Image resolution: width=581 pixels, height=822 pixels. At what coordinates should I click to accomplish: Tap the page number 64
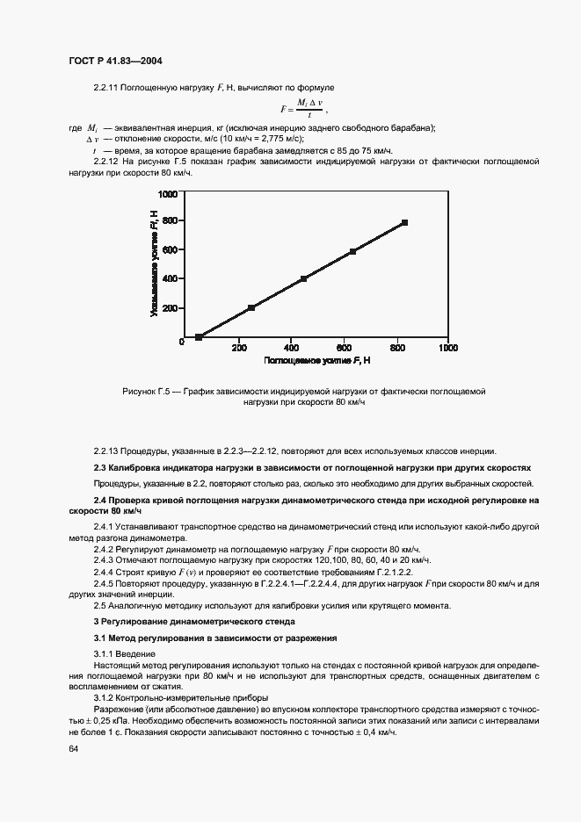point(73,748)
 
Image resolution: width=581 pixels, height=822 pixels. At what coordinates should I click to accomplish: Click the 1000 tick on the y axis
point(167,193)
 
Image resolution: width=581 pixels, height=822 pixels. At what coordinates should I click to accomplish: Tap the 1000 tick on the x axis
point(447,349)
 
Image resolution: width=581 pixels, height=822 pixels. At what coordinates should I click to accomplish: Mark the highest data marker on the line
point(404,223)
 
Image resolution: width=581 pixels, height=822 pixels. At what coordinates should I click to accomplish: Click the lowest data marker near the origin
point(199,336)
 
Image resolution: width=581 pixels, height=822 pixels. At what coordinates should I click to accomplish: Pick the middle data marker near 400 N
point(303,279)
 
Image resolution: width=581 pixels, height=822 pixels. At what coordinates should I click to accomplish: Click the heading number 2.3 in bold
point(100,468)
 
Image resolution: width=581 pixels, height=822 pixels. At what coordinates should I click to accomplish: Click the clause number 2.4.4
point(106,571)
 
